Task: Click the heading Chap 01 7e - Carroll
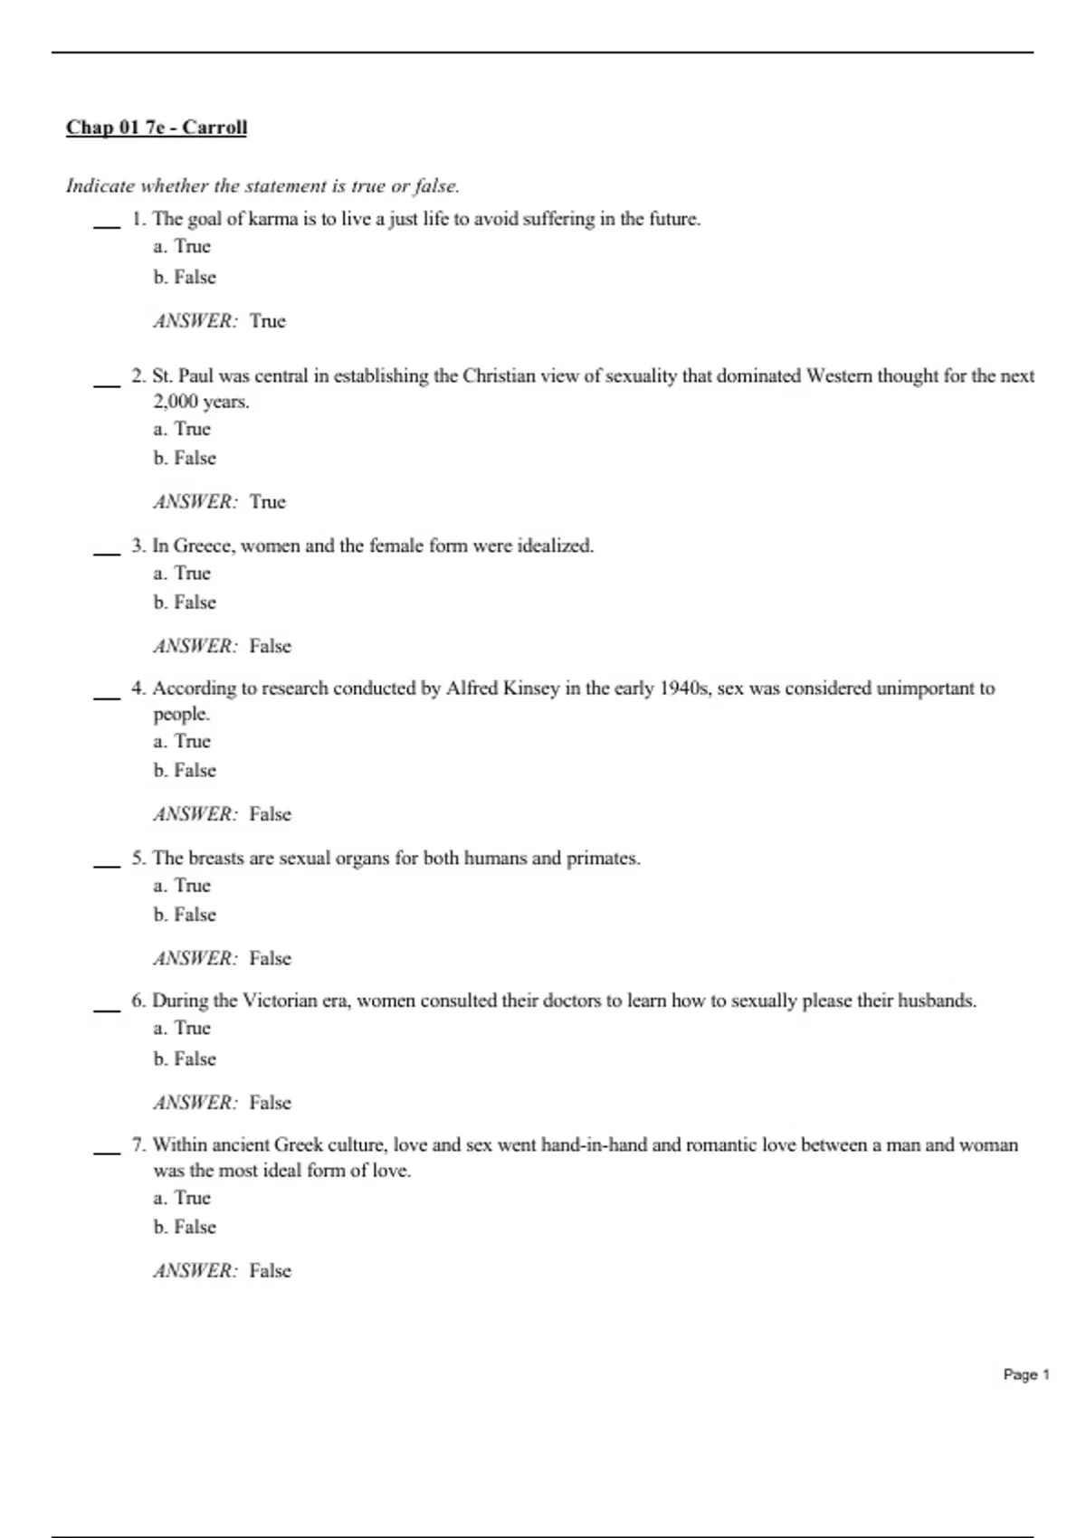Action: point(156,128)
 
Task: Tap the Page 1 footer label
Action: point(1026,1374)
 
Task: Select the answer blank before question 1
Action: point(107,225)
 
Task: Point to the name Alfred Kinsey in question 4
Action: point(502,688)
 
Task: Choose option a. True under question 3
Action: point(182,574)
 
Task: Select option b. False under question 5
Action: point(185,915)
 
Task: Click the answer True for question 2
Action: point(267,502)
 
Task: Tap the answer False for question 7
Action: point(270,1271)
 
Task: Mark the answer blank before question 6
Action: point(107,1008)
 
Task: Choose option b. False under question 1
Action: point(185,277)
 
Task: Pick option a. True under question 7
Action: point(182,1198)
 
